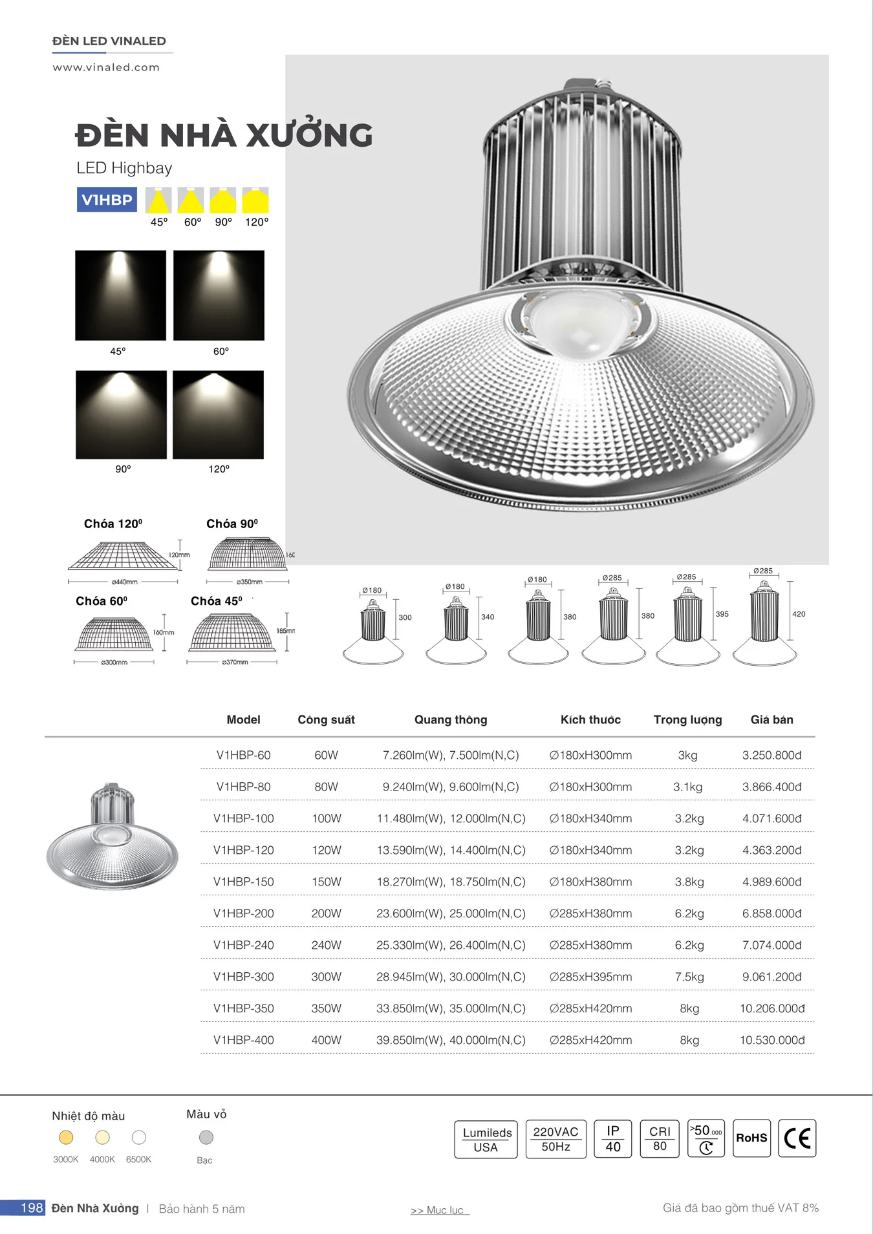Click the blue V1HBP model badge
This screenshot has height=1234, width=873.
[x=107, y=200]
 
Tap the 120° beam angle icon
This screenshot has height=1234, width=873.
[x=255, y=200]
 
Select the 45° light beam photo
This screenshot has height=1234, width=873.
[x=120, y=295]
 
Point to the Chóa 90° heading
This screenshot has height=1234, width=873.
[x=232, y=524]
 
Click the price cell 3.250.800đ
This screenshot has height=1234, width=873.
[x=771, y=755]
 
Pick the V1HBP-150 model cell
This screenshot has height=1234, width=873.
[x=244, y=882]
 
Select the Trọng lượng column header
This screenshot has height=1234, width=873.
[x=687, y=719]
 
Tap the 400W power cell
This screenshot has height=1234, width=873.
[x=326, y=1040]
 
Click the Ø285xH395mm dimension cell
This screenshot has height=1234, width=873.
[x=590, y=977]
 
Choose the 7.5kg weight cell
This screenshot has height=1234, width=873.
[x=689, y=977]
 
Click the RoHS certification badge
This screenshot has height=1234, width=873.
[x=751, y=1138]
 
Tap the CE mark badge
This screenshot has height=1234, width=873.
[x=797, y=1138]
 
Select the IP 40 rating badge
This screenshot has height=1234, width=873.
[x=612, y=1138]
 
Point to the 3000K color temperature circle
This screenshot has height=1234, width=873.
[x=66, y=1137]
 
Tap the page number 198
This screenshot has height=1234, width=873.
[x=31, y=1207]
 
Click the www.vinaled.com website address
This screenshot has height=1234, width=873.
[x=106, y=67]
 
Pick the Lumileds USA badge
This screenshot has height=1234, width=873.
[x=486, y=1139]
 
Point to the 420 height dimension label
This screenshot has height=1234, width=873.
[x=799, y=614]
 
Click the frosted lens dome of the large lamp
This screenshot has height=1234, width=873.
[x=579, y=323]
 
